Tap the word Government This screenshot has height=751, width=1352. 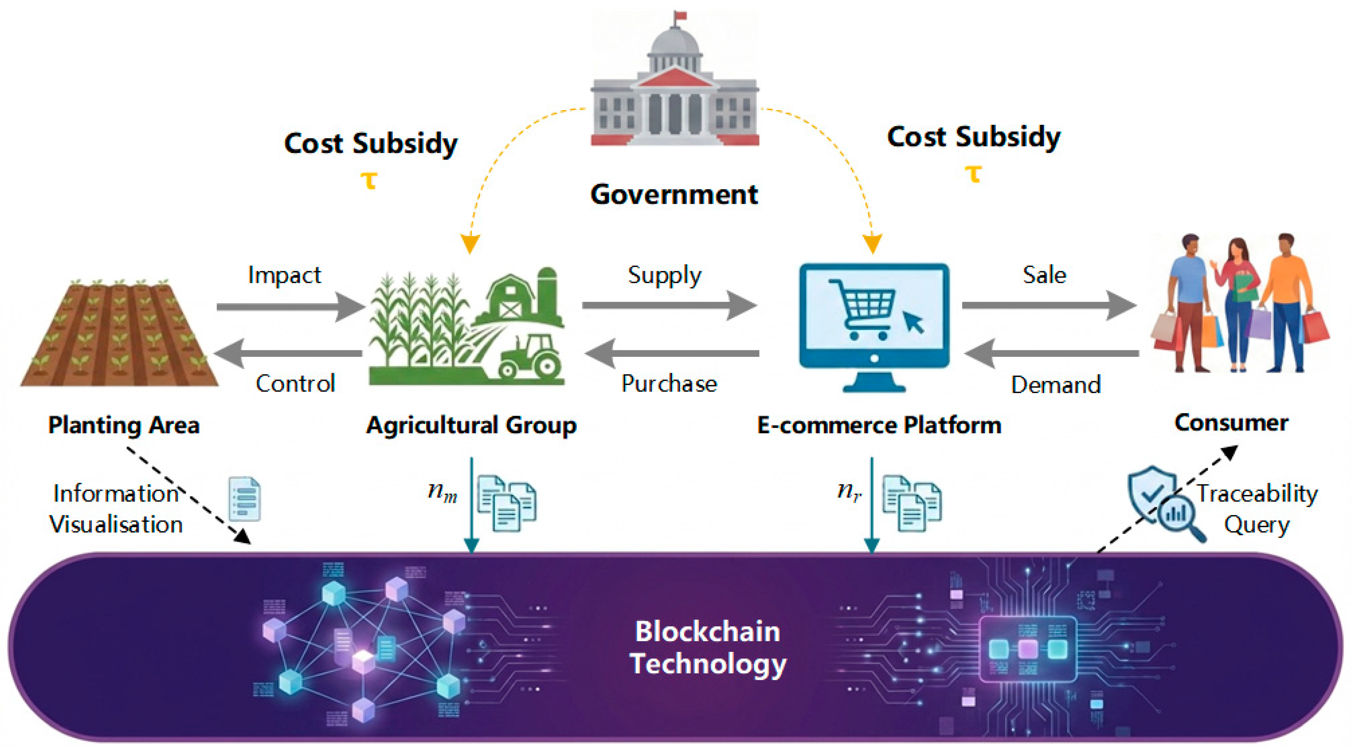pos(674,195)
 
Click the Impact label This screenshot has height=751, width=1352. pos(284,275)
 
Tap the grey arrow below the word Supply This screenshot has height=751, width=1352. pos(669,305)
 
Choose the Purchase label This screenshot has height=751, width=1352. pos(669,384)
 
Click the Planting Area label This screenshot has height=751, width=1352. pos(124,425)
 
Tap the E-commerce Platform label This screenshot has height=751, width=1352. pos(879,425)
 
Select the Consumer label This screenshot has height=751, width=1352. pos(1231,423)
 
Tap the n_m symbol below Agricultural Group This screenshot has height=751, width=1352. pos(442,492)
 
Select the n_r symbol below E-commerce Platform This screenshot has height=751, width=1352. pos(849,492)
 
